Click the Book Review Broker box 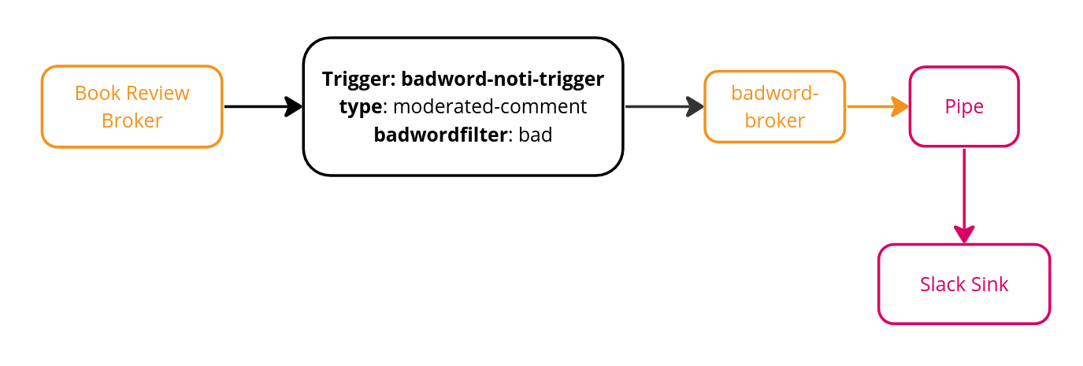(x=132, y=106)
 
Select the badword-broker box (x=774, y=106)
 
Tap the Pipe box (x=964, y=106)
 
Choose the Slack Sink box (x=964, y=284)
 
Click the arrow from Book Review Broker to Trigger (x=260, y=106)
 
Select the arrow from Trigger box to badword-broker (x=662, y=106)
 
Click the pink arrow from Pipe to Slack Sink (x=964, y=193)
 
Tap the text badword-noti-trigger (x=503, y=79)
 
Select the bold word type (x=361, y=106)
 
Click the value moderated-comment (x=489, y=106)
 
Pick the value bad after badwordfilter (x=536, y=135)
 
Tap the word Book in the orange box (x=95, y=93)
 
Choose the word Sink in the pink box (x=989, y=284)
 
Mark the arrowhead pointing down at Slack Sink (x=964, y=235)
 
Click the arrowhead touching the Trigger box (x=294, y=106)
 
